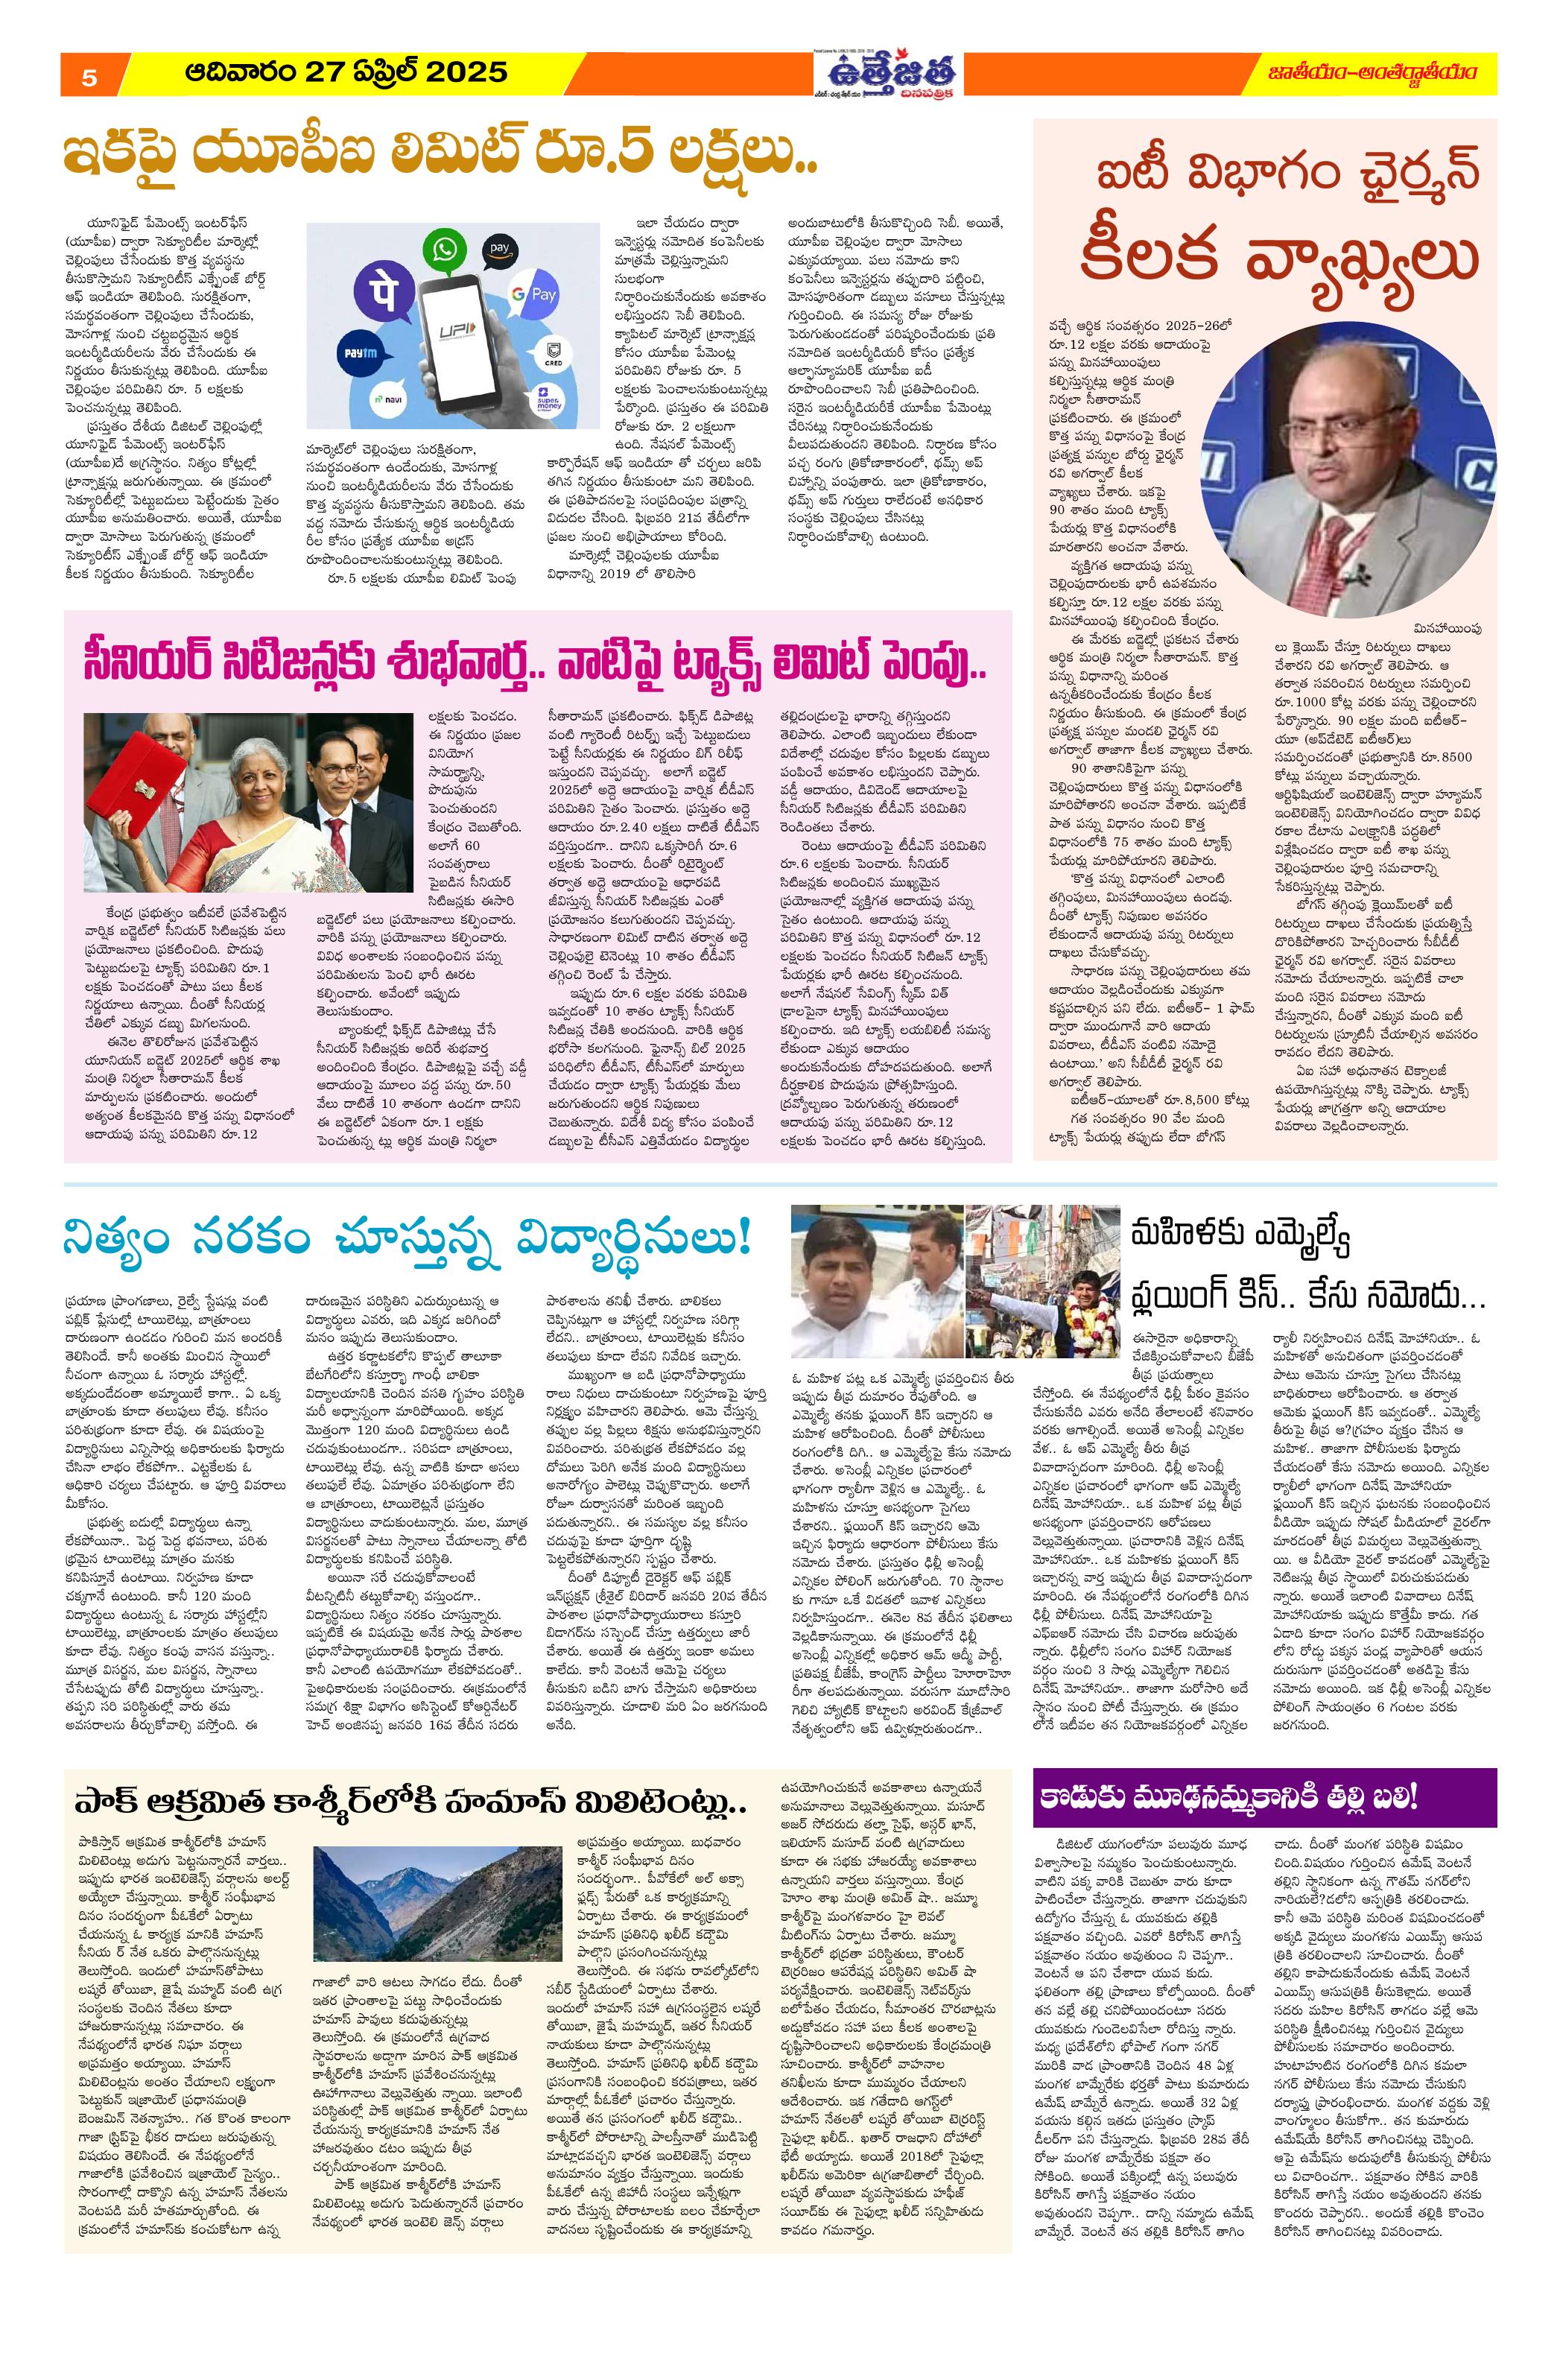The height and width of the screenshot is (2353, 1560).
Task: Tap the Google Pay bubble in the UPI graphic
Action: click(537, 294)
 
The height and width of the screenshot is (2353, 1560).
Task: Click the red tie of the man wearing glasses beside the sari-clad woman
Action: click(345, 834)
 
